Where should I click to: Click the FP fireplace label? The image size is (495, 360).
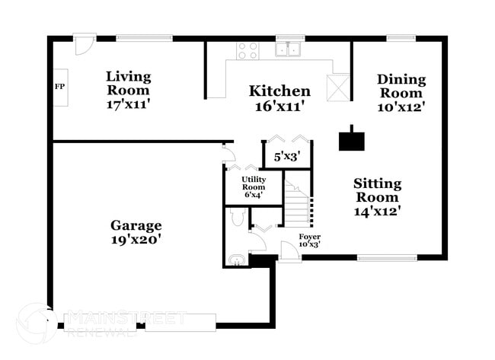[x=59, y=85]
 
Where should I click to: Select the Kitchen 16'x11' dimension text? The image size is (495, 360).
[x=280, y=107]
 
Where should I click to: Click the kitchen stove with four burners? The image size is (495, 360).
[x=247, y=50]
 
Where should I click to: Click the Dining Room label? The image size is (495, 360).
[x=401, y=79]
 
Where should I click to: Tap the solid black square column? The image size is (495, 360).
[x=351, y=139]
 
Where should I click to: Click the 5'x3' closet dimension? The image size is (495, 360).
[x=286, y=157]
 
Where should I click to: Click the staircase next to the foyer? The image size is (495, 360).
[x=298, y=203]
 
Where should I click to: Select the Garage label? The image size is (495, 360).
[x=136, y=225]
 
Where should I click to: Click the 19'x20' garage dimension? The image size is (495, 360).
[x=136, y=240]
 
